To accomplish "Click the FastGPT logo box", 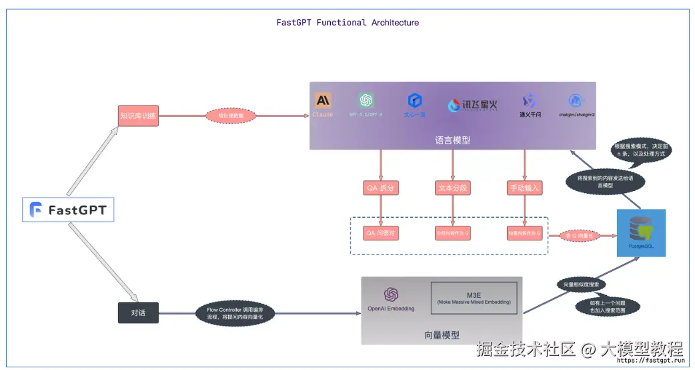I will click(x=68, y=210).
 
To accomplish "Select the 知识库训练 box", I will click(x=138, y=116).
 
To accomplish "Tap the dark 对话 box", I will click(x=138, y=313).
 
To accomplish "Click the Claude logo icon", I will click(x=323, y=101).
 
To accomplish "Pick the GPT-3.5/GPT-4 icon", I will click(x=366, y=100).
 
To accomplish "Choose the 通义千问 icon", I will click(x=530, y=101).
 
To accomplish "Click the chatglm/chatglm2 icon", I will click(x=576, y=100).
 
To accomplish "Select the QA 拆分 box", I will click(x=380, y=188).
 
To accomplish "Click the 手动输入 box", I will click(x=524, y=188).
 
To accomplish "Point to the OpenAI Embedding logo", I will click(x=391, y=295).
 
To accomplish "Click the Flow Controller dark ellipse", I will click(x=235, y=313).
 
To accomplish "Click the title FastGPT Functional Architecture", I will click(x=347, y=22).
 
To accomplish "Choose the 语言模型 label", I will click(x=452, y=140).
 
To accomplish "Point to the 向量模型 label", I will click(x=442, y=335).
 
